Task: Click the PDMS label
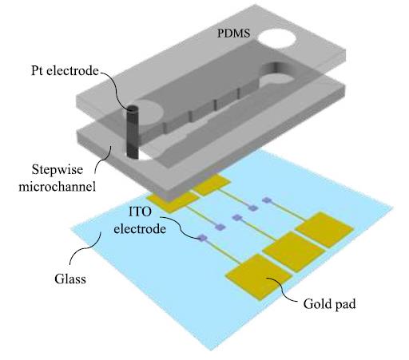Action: point(233,33)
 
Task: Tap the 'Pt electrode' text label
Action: point(65,71)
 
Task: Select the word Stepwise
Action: point(58,170)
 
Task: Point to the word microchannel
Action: point(57,186)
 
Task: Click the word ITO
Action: point(140,212)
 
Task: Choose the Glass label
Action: point(70,279)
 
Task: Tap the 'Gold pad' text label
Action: point(329,304)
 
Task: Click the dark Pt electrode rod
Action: point(133,132)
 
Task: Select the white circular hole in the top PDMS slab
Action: point(277,39)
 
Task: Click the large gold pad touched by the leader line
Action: point(259,277)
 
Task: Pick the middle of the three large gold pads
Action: point(294,251)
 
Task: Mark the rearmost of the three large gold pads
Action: point(324,230)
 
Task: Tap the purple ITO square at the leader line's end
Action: point(202,238)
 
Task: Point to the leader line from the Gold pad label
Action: point(283,290)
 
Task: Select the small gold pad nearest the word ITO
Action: point(173,201)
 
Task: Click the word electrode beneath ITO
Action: point(140,229)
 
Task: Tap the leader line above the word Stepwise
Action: point(103,159)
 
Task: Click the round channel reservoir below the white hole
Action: point(277,81)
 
